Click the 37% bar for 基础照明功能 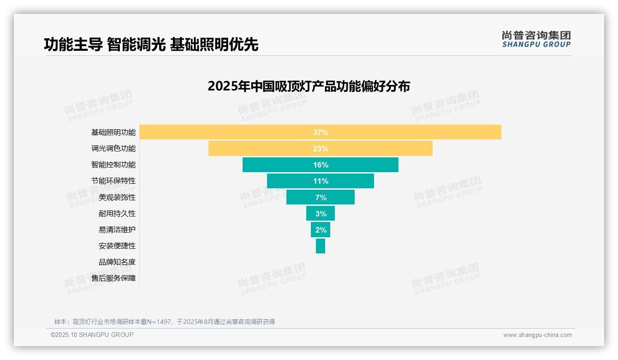(415, 132)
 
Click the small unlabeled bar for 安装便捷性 (321, 246)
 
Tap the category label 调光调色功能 (113, 149)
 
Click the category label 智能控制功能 (113, 165)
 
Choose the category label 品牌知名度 (117, 262)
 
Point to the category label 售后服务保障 (113, 278)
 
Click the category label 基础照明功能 (113, 132)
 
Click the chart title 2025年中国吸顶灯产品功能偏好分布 (309, 86)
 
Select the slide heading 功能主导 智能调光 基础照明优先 (151, 44)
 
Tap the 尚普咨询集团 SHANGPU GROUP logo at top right (536, 39)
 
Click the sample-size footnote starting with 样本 (165, 322)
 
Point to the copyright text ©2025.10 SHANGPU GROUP (92, 335)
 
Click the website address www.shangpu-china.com (537, 335)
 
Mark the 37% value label (321, 132)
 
